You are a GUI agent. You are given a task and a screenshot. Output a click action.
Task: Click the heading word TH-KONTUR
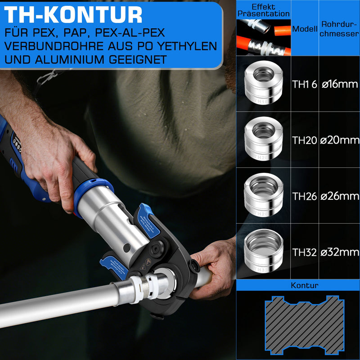coord(73,15)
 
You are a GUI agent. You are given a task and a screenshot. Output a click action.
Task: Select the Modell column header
coord(305,29)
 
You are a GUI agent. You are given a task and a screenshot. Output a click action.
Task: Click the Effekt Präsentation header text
coord(263,10)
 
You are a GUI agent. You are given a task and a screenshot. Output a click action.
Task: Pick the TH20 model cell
coord(305,140)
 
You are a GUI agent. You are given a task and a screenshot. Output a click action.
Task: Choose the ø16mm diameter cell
coord(340,84)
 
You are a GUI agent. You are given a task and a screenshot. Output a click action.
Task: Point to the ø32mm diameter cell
coord(340,252)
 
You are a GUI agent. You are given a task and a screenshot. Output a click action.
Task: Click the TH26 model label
coord(305,196)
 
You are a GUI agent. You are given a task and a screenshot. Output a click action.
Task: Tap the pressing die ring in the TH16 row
coord(263,83)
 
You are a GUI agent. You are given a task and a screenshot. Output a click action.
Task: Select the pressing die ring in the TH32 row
coord(263,251)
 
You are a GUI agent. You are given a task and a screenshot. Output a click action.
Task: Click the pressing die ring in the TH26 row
coord(263,195)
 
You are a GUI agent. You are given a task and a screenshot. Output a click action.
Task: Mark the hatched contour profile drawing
coord(305,325)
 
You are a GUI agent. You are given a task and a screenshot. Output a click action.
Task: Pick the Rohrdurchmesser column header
coord(339,29)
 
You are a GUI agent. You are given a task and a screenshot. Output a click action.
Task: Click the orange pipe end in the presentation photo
coord(283,31)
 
